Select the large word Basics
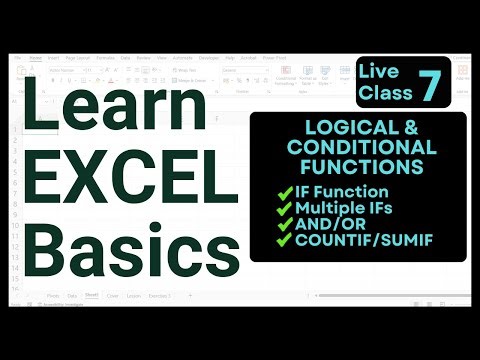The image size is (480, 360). pos(118,249)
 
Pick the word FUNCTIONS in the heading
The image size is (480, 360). pos(357,166)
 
